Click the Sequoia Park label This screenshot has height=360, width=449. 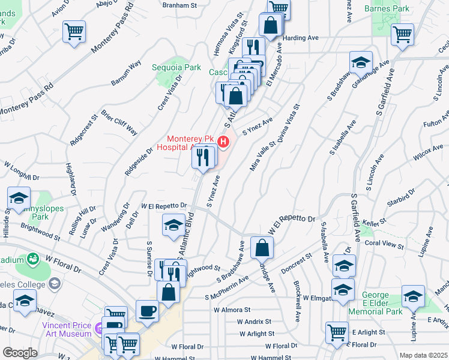176,68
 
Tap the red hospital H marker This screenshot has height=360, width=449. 223,142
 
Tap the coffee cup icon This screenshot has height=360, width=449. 147,310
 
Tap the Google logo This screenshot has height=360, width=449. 20,353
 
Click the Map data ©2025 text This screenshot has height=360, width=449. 423,355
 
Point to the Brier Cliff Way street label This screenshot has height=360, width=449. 119,122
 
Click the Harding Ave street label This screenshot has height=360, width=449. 300,38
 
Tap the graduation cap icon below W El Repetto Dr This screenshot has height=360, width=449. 173,225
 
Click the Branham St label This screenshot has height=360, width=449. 180,5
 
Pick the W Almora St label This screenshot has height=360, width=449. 232,310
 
